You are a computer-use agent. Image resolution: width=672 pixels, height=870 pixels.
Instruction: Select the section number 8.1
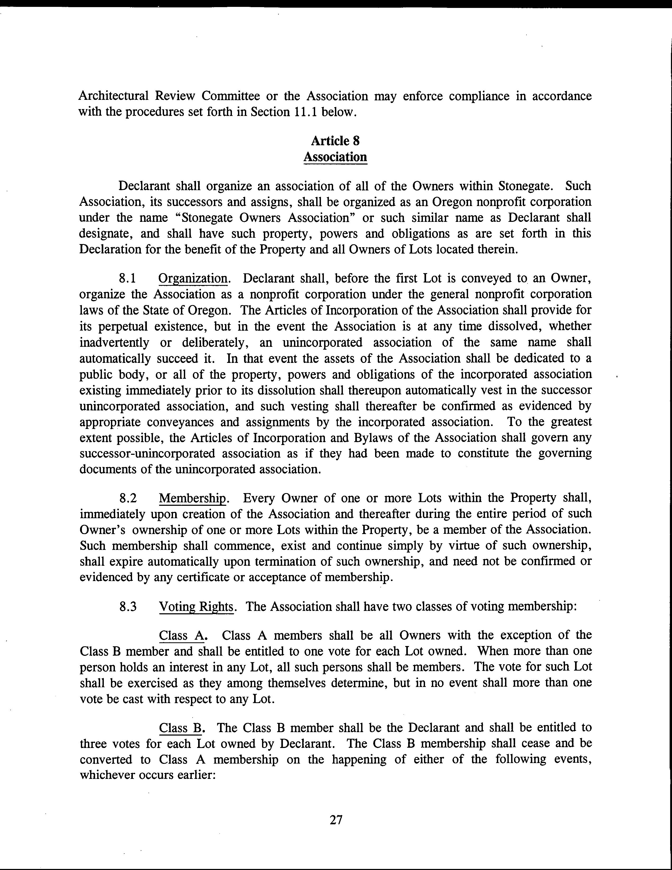coord(128,278)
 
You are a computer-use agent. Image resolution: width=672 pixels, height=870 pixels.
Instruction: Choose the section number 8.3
coord(128,607)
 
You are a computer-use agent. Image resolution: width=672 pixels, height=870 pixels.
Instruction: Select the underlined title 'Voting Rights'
coord(196,607)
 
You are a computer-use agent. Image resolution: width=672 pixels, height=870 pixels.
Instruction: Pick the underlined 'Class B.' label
coord(182,728)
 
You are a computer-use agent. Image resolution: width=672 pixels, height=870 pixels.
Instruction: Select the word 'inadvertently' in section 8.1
coord(114,342)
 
